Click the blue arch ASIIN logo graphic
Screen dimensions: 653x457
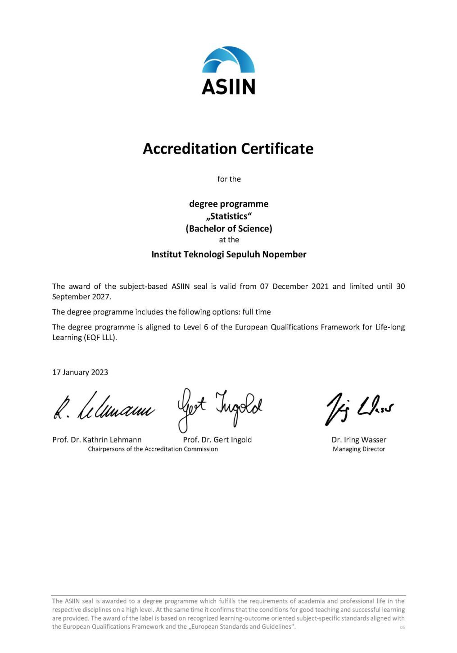pos(228,60)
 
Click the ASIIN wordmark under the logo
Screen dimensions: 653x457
pos(228,87)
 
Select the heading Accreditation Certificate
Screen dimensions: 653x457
pos(228,149)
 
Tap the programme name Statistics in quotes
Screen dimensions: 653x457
pos(229,216)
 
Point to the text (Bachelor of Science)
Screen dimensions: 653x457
pos(229,228)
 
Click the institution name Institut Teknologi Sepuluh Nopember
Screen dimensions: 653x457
pos(229,254)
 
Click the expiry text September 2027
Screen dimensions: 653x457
pos(81,297)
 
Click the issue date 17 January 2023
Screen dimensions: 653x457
pos(80,372)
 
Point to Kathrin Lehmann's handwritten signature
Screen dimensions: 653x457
pos(104,407)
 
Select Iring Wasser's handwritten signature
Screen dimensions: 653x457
pos(359,408)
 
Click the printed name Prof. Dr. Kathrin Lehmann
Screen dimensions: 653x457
pos(97,440)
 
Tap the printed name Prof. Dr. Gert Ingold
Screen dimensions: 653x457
pos(217,440)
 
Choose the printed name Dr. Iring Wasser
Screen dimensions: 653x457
pos(359,440)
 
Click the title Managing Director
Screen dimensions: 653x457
pos(359,449)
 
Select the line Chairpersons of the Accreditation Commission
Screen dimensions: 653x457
pos(153,449)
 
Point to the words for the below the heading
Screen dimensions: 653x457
pos(229,179)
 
